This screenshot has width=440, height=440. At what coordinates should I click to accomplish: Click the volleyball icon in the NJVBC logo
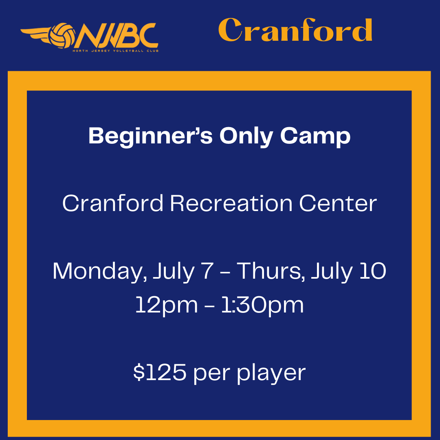[x=62, y=35]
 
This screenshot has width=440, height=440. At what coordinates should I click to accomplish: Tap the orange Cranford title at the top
[x=295, y=30]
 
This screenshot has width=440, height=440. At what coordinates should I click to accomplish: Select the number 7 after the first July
[x=208, y=271]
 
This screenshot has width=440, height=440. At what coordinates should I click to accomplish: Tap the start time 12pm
[x=167, y=306]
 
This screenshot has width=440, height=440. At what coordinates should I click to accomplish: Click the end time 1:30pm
[x=263, y=306]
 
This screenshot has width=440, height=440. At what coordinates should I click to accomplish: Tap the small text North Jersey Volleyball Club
[x=116, y=51]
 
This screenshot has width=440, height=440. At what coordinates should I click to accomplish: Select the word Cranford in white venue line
[x=113, y=203]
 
